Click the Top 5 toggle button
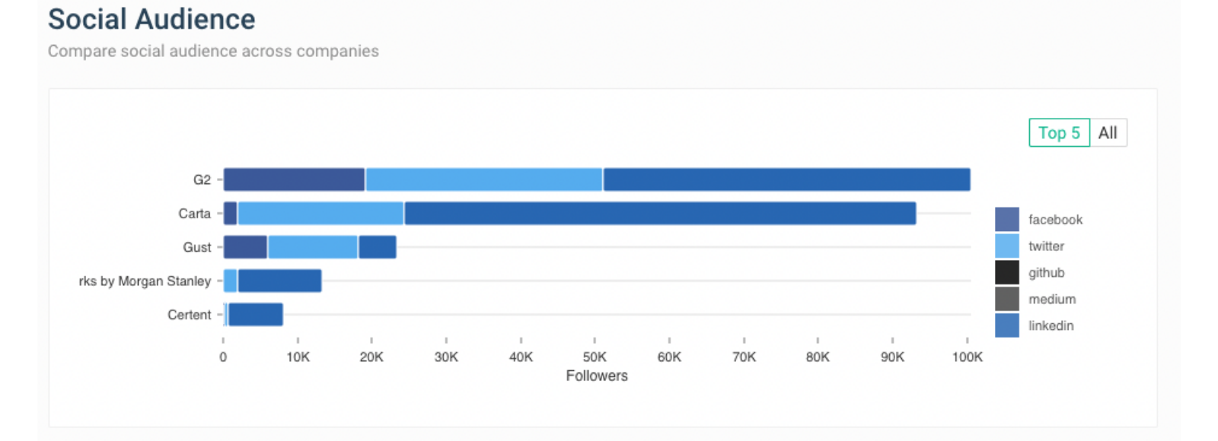[x=1059, y=133]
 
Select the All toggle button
[x=1108, y=133]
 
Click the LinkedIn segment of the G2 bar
[x=786, y=179]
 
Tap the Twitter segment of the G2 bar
[x=483, y=179]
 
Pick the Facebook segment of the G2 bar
[x=294, y=179]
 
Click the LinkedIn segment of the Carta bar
[x=660, y=214]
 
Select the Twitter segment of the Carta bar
[x=320, y=214]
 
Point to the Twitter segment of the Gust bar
[x=312, y=247]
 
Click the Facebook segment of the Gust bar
[x=245, y=247]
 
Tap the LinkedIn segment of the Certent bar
[x=256, y=315]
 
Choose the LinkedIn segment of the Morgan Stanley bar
[x=279, y=281]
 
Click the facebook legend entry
[x=1054, y=220]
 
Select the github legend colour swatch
[x=1006, y=272]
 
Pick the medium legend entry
[x=1051, y=300]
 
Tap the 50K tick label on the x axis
[x=595, y=357]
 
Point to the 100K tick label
[x=967, y=357]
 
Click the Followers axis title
[x=597, y=376]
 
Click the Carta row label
[x=194, y=214]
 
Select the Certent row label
[x=189, y=315]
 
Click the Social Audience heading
[x=151, y=20]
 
